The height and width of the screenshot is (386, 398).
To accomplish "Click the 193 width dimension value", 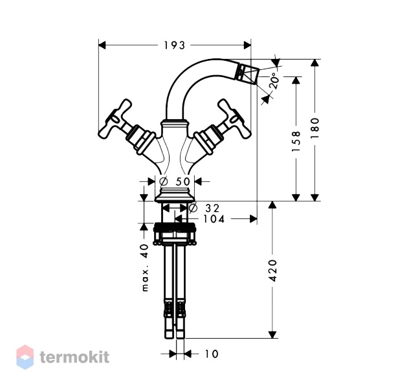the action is [x=175, y=45].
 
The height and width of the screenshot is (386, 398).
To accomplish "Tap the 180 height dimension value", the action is [x=315, y=128].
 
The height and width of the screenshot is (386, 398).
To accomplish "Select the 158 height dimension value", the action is [x=296, y=141].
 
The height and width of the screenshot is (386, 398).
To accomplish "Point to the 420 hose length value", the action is [x=272, y=271].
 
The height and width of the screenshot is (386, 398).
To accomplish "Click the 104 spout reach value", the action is [x=214, y=219].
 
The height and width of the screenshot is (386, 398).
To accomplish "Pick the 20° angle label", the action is [x=274, y=81].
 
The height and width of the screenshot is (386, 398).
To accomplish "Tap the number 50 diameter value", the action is [x=182, y=181].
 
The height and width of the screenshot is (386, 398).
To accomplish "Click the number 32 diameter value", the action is [x=212, y=209].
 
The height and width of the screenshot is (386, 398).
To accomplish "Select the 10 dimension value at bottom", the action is [x=212, y=354].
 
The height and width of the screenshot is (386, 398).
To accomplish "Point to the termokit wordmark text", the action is [x=74, y=357].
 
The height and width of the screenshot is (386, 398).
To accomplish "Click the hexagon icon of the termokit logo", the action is [x=25, y=357].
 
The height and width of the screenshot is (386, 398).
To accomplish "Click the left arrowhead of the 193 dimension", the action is [x=102, y=45].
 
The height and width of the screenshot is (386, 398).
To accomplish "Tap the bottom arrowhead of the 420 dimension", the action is [x=272, y=334].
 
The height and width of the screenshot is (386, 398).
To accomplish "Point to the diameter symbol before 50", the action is [x=164, y=181].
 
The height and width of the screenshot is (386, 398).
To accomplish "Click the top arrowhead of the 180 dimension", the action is [x=315, y=63].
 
